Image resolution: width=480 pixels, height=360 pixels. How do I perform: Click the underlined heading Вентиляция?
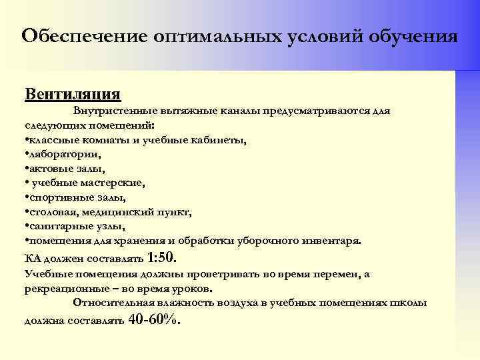tap(73, 92)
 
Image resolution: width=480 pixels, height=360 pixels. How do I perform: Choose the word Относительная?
tap(113, 303)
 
